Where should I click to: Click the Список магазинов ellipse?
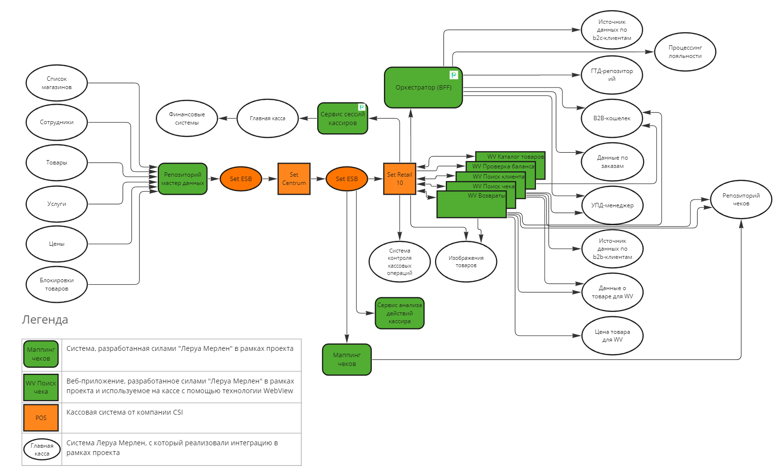coord(57,83)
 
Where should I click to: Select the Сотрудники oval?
coord(57,122)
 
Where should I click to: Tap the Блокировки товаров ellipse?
coord(57,284)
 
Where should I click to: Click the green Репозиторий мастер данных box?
coord(183,179)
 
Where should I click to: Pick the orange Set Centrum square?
coord(294,179)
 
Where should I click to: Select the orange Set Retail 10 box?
coord(400,179)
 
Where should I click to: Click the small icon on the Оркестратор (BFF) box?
coord(454,75)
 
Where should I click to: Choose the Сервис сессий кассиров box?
coord(343,119)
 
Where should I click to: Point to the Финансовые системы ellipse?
coord(187,118)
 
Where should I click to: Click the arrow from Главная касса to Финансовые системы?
coord(227,118)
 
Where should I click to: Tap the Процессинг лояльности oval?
coord(685,52)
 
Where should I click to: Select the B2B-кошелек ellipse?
coord(612,118)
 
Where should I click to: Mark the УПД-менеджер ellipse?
coord(612,205)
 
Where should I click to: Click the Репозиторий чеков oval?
coord(741,200)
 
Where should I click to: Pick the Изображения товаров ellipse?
coord(466,262)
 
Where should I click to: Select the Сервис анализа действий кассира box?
coord(400,313)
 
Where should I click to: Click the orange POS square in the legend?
coord(41,418)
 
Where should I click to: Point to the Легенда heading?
coord(45,320)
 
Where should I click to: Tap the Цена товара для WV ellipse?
coord(612,336)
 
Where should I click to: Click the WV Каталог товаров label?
coord(515,157)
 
